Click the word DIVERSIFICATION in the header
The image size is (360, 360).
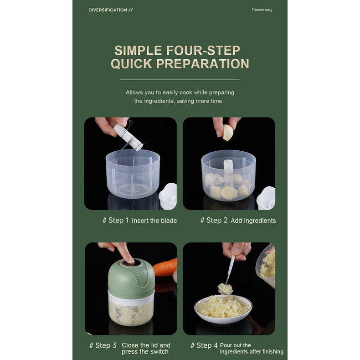point(108,10)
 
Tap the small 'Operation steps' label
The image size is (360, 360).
point(262,10)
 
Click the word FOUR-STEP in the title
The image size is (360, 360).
point(203,50)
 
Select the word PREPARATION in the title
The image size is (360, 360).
point(203,64)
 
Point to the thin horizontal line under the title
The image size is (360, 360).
point(180,80)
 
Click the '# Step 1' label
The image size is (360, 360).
point(115,220)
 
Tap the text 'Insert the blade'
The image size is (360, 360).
point(154,221)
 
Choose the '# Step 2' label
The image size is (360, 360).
point(214,220)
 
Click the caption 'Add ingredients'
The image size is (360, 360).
point(253,221)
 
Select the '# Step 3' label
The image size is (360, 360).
point(103,345)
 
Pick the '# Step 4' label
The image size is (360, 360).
point(204,345)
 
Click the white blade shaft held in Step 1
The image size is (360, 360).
point(129,137)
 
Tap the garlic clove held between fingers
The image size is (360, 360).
point(228,133)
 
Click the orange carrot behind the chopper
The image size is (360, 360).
point(165,267)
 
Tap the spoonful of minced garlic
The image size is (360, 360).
point(225,289)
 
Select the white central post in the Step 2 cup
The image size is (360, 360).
point(228,170)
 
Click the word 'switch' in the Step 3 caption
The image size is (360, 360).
point(160,351)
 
